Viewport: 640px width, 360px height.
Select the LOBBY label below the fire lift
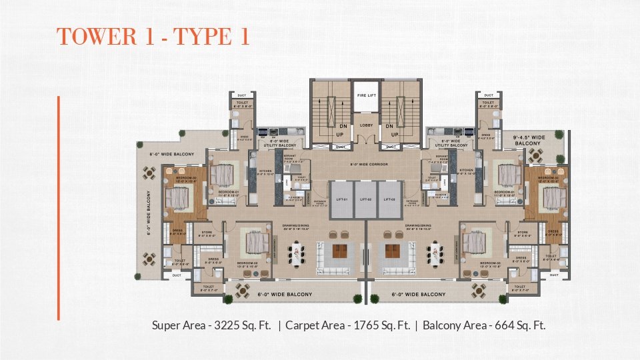click(365, 125)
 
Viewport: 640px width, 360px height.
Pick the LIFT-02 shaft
click(365, 199)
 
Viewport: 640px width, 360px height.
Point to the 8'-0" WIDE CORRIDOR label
click(369, 164)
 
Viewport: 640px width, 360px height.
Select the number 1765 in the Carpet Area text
click(361, 326)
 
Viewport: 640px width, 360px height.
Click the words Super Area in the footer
click(176, 326)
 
